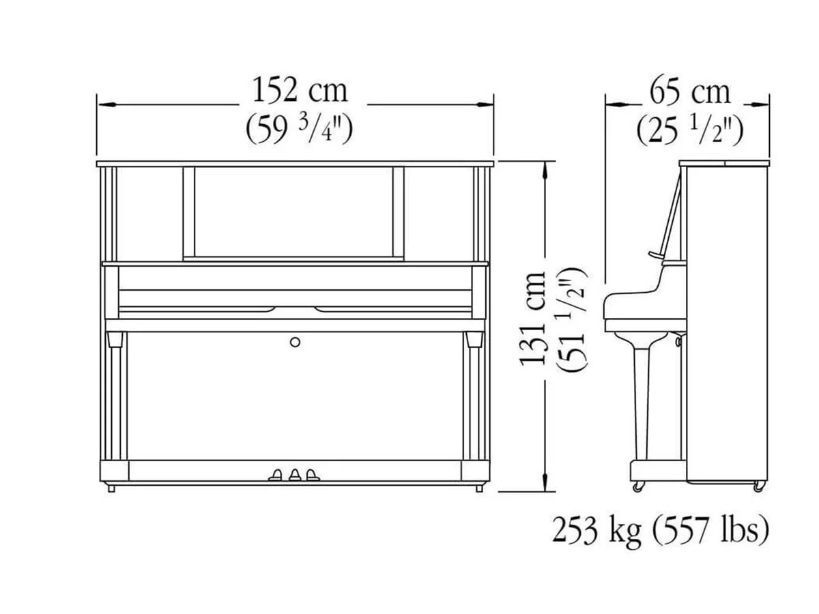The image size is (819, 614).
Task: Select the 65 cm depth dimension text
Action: click(689, 91)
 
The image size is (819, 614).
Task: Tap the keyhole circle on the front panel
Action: click(295, 342)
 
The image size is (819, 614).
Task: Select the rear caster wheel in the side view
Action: click(758, 486)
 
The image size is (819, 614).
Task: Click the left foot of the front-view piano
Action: click(111, 488)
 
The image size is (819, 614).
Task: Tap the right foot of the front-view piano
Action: click(478, 488)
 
